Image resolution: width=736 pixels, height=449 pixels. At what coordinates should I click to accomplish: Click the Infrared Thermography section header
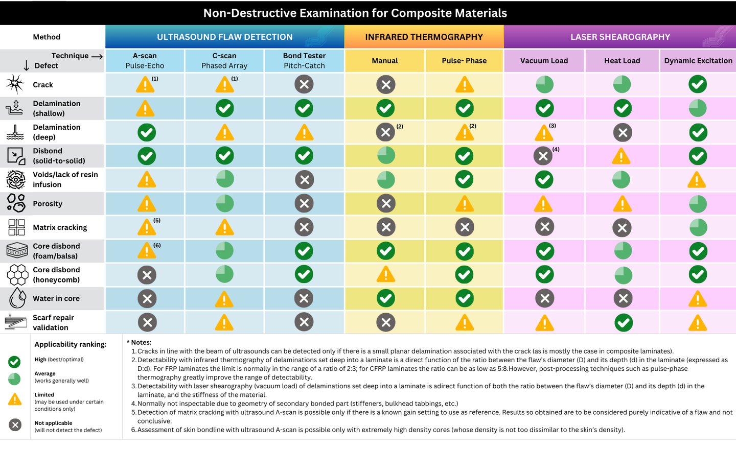424,37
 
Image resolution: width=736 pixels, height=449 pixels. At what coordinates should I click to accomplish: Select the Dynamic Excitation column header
698,60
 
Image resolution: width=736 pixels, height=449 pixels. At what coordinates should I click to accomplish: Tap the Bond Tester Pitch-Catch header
304,60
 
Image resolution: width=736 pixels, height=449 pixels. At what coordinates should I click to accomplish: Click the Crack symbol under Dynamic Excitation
698,84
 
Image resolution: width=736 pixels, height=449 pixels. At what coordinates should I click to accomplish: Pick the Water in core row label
56,298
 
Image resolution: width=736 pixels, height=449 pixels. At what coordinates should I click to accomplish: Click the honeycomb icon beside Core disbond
17,275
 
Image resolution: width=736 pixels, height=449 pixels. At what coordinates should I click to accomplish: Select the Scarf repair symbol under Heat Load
623,322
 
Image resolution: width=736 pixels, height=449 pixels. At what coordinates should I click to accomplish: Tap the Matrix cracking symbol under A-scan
146,227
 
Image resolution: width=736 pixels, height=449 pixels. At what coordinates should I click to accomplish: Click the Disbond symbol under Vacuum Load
543,156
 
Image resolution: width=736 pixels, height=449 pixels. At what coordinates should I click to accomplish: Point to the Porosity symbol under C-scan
224,203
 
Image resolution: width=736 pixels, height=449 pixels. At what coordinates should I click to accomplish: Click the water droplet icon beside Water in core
17,298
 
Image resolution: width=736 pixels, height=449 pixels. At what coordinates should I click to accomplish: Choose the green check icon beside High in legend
14,362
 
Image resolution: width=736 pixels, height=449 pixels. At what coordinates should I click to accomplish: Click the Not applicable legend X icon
15,424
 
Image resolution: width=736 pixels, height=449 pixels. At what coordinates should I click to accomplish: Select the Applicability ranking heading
70,344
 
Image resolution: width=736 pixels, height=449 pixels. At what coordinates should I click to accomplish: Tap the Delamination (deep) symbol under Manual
385,132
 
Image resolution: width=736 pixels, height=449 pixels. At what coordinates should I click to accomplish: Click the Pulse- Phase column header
464,60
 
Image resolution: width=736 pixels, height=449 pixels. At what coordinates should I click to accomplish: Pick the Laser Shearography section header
620,37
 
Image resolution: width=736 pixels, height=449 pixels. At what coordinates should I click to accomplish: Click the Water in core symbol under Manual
385,298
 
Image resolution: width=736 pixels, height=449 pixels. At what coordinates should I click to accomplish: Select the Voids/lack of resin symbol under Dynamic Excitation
697,180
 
